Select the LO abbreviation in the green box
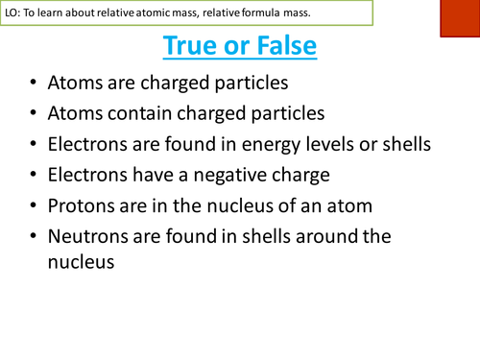tap(12, 12)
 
